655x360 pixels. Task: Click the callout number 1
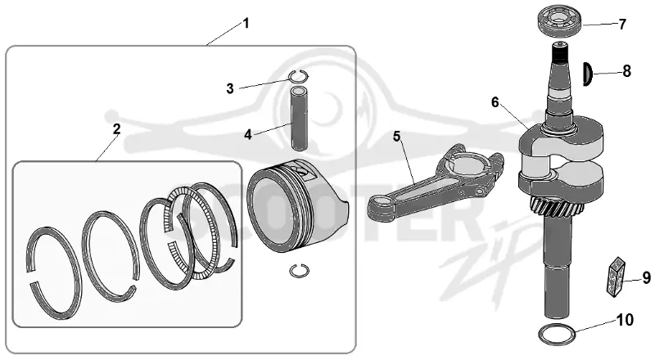(246, 24)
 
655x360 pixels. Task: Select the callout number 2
(116, 129)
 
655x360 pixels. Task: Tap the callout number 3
(230, 88)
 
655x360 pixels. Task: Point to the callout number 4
(248, 134)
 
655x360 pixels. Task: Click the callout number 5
(396, 136)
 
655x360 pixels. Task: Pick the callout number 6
(495, 102)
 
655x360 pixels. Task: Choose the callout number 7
(622, 25)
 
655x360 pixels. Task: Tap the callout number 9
(646, 277)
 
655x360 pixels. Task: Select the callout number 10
(625, 321)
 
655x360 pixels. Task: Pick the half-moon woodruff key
(588, 74)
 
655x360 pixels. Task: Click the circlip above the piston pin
(298, 76)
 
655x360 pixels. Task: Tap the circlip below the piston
(300, 271)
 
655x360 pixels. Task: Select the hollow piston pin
(299, 118)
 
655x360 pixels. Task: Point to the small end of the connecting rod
(381, 206)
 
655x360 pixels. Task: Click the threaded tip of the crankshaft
(560, 52)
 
